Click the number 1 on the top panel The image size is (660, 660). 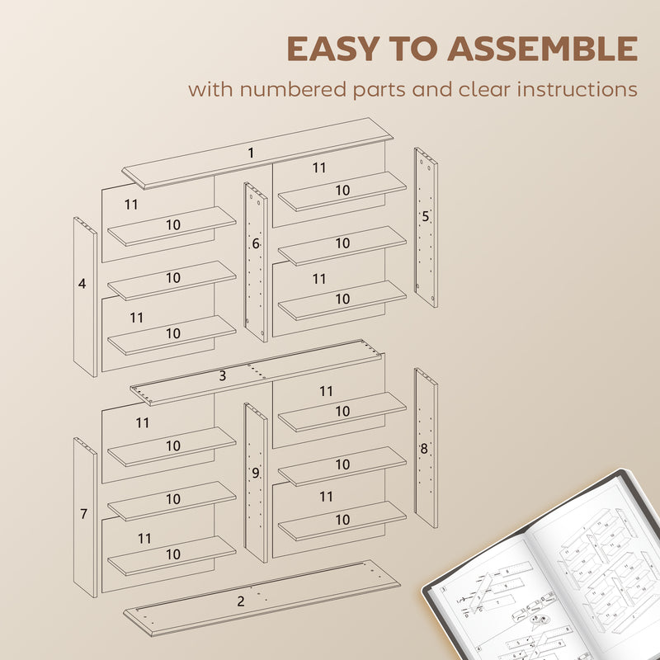pos(251,153)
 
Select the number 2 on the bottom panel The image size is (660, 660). pos(240,601)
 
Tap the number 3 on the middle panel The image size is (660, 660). pos(223,376)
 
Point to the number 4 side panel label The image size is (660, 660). pos(82,284)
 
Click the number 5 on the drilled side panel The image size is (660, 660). pos(426,217)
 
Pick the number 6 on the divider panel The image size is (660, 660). pos(256,244)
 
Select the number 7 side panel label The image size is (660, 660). pos(83,514)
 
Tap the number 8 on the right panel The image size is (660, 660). pos(424,450)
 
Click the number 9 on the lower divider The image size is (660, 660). pos(256,473)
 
